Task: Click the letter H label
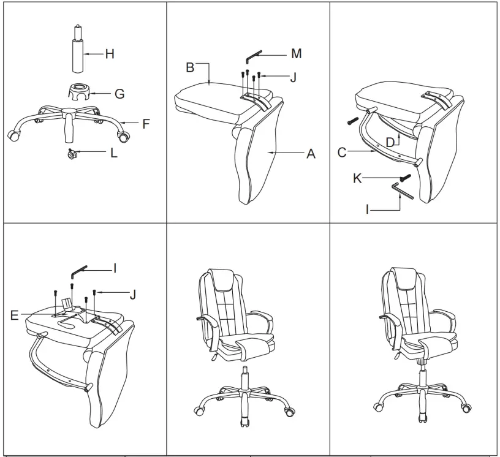click(x=110, y=55)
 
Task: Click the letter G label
click(x=119, y=94)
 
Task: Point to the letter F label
click(x=146, y=124)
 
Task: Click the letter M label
click(x=296, y=55)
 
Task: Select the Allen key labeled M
click(x=253, y=57)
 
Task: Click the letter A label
click(x=311, y=154)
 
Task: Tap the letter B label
click(x=190, y=66)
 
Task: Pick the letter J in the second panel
click(x=293, y=78)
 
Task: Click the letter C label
click(x=343, y=152)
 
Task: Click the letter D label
click(x=390, y=142)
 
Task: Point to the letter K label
click(x=357, y=179)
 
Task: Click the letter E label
click(x=14, y=315)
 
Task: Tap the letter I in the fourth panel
click(x=114, y=268)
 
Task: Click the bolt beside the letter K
click(x=405, y=178)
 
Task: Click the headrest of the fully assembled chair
click(x=403, y=281)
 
